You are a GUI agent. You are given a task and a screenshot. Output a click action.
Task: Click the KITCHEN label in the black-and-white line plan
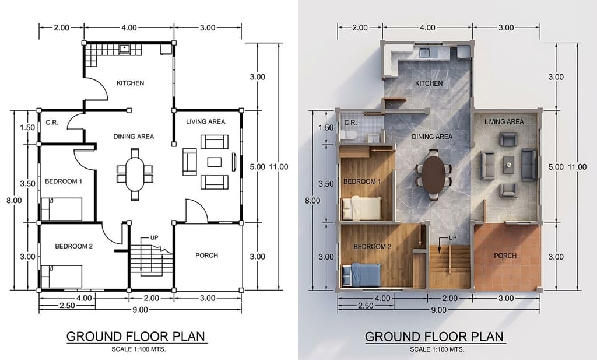(x=130, y=83)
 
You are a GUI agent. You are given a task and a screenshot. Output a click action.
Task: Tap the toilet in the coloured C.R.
(x=349, y=135)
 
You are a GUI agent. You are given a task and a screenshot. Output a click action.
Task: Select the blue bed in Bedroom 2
(x=361, y=275)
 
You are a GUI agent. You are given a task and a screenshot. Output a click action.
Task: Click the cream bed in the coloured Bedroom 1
(x=361, y=208)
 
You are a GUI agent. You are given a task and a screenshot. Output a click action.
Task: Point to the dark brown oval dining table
(x=433, y=175)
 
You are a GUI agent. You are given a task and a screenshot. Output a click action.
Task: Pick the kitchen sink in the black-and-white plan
(x=125, y=49)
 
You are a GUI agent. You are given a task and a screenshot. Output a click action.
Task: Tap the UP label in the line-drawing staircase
(x=154, y=237)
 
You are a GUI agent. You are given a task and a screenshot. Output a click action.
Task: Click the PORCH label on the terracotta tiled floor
(x=505, y=256)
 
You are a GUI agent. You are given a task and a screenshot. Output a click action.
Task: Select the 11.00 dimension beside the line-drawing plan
(x=279, y=166)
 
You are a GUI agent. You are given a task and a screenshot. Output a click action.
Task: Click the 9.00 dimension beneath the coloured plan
(x=438, y=310)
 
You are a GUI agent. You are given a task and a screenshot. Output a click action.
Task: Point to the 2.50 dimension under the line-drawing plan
(x=67, y=306)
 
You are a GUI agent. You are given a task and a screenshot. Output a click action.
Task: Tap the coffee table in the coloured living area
(x=508, y=165)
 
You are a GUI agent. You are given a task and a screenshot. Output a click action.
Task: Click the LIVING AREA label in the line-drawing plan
(x=206, y=121)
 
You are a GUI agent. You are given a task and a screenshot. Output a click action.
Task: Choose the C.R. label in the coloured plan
(x=350, y=123)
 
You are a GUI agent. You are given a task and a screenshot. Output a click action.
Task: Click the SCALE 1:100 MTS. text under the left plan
(x=139, y=349)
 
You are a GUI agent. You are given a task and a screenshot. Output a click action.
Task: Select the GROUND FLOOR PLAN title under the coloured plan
(x=434, y=337)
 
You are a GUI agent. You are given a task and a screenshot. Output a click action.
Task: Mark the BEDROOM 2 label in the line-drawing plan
(x=74, y=246)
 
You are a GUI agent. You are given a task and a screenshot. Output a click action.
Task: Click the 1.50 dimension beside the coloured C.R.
(x=326, y=128)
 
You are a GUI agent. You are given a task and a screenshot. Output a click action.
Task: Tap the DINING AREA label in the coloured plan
(x=432, y=137)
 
